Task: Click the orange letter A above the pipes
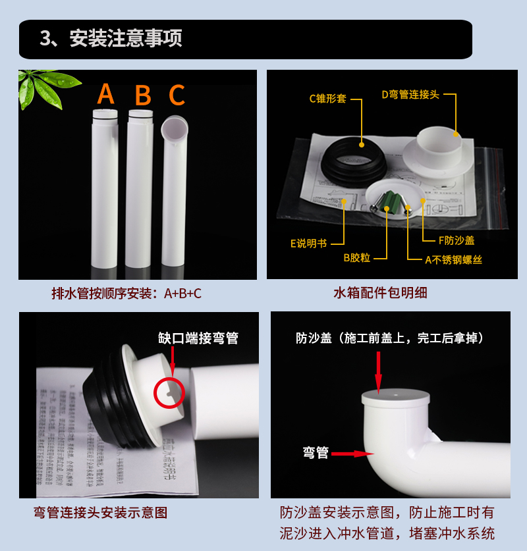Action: pyautogui.click(x=105, y=95)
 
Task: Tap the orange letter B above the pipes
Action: pyautogui.click(x=142, y=95)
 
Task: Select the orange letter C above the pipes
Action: pyautogui.click(x=177, y=95)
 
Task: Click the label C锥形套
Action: pyautogui.click(x=327, y=99)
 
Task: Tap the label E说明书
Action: pyautogui.click(x=308, y=243)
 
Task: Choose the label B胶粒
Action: pyautogui.click(x=358, y=258)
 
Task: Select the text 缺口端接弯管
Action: pyautogui.click(x=198, y=338)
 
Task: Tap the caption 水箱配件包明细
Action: pyautogui.click(x=380, y=293)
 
